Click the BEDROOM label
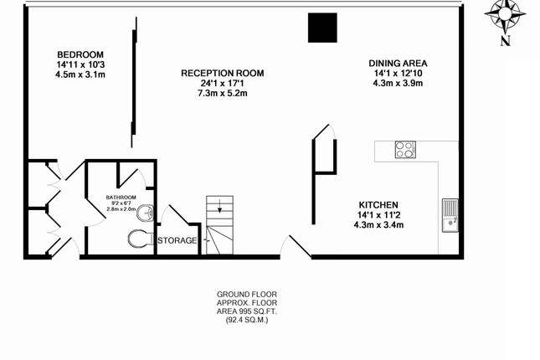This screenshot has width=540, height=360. pyautogui.click(x=80, y=54)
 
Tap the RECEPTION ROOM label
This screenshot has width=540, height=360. pyautogui.click(x=223, y=74)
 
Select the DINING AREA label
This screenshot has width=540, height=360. pyautogui.click(x=399, y=64)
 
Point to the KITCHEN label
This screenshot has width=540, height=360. pyautogui.click(x=378, y=205)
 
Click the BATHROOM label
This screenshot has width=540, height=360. pyautogui.click(x=121, y=198)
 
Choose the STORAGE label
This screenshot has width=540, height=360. pyautogui.click(x=177, y=240)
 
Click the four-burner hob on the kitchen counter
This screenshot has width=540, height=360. pyautogui.click(x=405, y=150)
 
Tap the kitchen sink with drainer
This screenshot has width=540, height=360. pyautogui.click(x=450, y=215)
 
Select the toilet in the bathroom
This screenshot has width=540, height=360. pyautogui.click(x=141, y=239)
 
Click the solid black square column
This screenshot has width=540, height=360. pyautogui.click(x=322, y=28)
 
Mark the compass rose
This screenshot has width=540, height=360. pyautogui.click(x=505, y=15)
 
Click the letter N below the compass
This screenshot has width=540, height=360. pyautogui.click(x=505, y=41)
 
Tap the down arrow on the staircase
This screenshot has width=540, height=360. pyautogui.click(x=219, y=207)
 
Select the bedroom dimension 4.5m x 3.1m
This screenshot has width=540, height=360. pyautogui.click(x=80, y=75)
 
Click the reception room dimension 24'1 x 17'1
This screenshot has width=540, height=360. pyautogui.click(x=223, y=84)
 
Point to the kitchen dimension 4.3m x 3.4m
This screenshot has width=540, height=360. pyautogui.click(x=378, y=225)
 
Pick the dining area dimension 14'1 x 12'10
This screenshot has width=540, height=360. pyautogui.click(x=399, y=74)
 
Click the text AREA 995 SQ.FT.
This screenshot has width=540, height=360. pyautogui.click(x=247, y=311)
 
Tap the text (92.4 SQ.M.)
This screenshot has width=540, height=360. pyautogui.click(x=247, y=320)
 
